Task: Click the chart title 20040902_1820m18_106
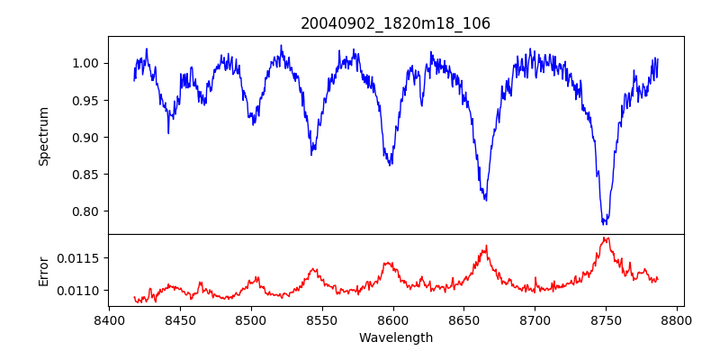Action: tap(395, 23)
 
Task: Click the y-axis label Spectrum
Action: tap(43, 136)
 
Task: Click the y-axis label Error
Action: tap(43, 270)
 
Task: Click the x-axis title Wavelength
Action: tap(395, 338)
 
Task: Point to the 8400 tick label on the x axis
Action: tap(109, 320)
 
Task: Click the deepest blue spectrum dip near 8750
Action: tap(605, 222)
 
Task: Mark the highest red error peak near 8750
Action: tap(606, 238)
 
